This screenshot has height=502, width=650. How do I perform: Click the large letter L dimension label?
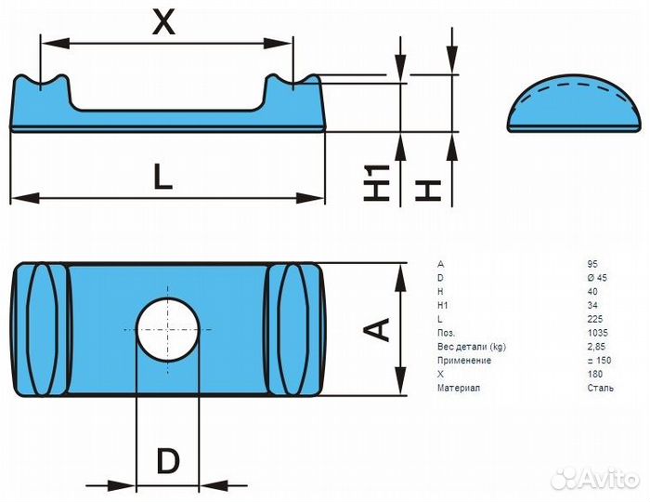(162, 177)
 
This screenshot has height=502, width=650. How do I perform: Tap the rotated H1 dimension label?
(376, 182)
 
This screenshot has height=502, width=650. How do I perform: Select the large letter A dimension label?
(376, 329)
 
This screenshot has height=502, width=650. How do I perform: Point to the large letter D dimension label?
(168, 461)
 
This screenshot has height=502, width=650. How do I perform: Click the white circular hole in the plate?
(167, 330)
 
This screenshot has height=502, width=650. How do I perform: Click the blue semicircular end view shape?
(574, 104)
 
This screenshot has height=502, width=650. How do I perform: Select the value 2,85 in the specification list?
(596, 347)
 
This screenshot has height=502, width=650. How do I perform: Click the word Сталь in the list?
(600, 388)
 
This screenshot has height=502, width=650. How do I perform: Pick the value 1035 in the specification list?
(597, 333)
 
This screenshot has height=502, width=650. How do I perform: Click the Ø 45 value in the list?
(597, 278)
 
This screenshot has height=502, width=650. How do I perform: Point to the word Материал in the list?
(459, 388)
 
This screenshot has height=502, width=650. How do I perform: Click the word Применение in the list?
(464, 360)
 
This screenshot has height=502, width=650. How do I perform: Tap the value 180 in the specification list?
(595, 375)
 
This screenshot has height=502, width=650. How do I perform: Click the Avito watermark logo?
(594, 479)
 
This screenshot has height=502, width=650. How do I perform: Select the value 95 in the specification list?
(592, 264)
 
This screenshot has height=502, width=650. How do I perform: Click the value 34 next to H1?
(592, 305)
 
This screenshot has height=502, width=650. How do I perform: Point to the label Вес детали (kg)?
(472, 347)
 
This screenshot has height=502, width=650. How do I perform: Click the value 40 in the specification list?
(592, 292)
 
